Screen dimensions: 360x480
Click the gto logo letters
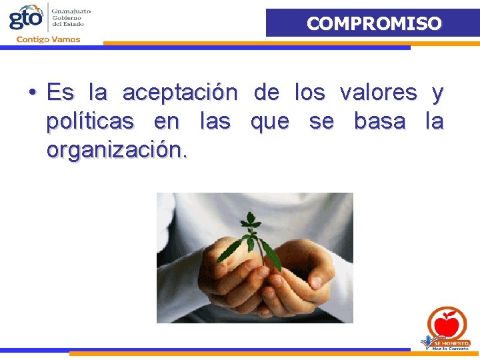pyautogui.click(x=25, y=17)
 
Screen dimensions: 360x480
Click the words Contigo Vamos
pyautogui.click(x=48, y=39)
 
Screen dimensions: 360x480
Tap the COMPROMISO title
pyautogui.click(x=373, y=23)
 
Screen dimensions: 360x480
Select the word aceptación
pyautogui.click(x=180, y=93)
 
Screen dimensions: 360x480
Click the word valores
pyautogui.click(x=378, y=93)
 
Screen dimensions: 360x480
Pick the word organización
pyautogui.click(x=117, y=151)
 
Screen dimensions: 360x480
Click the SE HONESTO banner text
pyautogui.click(x=452, y=342)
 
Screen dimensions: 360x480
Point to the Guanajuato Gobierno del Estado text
pyautogui.click(x=72, y=17)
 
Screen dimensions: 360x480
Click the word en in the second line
pyautogui.click(x=166, y=122)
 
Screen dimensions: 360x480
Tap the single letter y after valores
pyautogui.click(x=437, y=94)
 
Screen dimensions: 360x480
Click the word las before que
pyautogui.click(x=215, y=122)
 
